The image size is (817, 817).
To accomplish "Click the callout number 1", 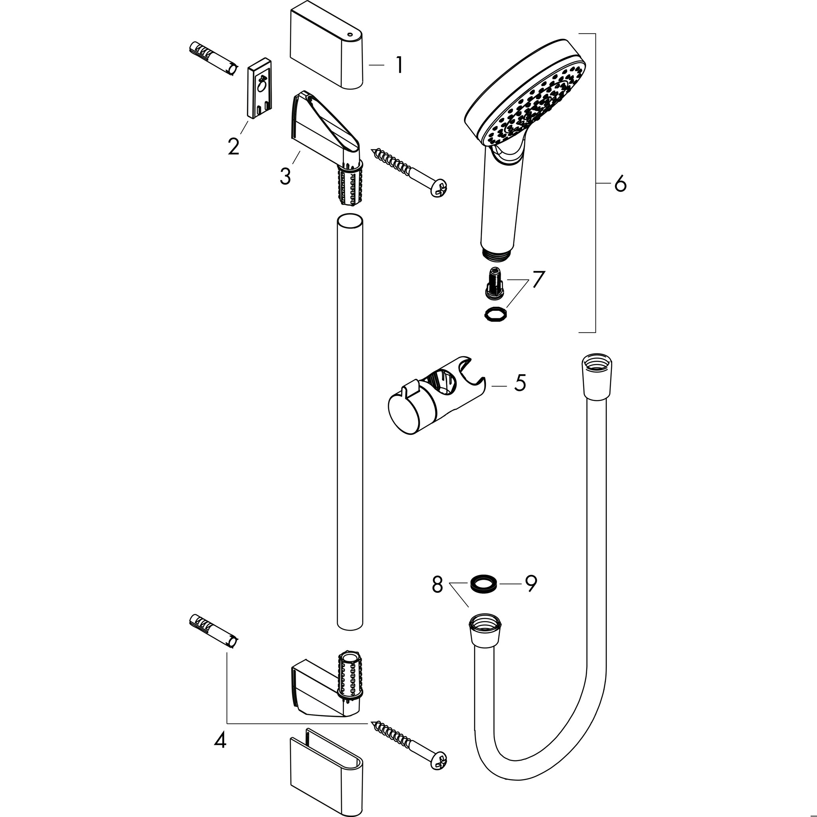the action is (x=399, y=65).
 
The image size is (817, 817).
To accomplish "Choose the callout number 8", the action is (x=437, y=584).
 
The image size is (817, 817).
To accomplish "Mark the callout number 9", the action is (x=531, y=584).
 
